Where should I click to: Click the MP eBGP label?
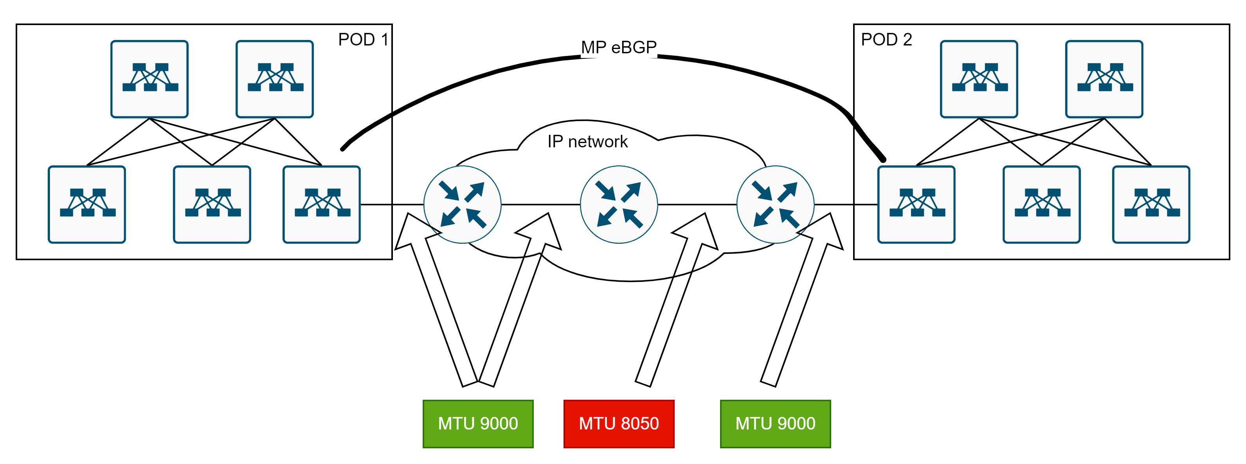(619, 47)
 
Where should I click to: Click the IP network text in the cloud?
(587, 141)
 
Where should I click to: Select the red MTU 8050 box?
(619, 424)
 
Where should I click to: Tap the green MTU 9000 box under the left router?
(478, 424)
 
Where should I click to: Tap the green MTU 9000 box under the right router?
(775, 424)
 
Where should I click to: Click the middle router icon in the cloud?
(619, 205)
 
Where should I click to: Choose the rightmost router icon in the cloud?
(775, 205)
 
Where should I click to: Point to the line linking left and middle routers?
(540, 205)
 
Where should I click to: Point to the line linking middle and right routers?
(697, 205)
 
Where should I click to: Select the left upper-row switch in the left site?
(149, 79)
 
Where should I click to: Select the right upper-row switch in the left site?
(275, 79)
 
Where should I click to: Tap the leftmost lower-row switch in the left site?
(87, 205)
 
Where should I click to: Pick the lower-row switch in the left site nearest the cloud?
(322, 205)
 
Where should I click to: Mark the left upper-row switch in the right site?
(979, 79)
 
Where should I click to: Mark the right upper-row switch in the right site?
(1104, 79)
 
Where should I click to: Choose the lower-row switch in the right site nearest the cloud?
(916, 205)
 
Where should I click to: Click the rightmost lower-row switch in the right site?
(1151, 205)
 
